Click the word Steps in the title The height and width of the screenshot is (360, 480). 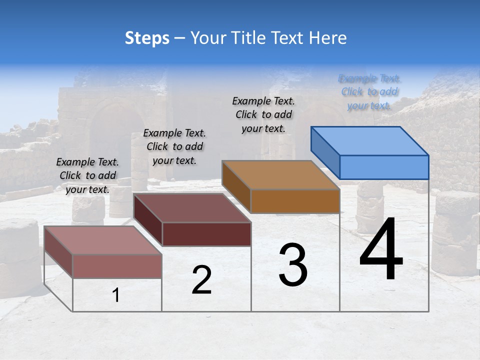tap(147, 38)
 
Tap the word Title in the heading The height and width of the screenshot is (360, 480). tap(245, 38)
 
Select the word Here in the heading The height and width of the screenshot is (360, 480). tap(328, 38)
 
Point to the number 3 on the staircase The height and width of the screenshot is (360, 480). tap(293, 265)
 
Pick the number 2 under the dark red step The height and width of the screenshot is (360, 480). tap(201, 280)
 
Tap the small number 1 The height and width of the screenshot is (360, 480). tap(116, 295)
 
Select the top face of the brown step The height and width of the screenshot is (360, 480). tap(280, 175)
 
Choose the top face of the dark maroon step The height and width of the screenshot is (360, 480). tap(192, 208)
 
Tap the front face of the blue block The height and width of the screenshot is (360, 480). tap(384, 167)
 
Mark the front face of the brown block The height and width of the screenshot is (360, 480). tap(295, 201)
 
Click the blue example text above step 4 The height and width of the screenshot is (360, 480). tap(369, 92)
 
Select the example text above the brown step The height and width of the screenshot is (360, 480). tap(263, 114)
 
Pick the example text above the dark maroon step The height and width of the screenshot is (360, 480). tap(174, 146)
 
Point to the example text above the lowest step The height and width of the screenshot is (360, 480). tap(87, 175)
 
